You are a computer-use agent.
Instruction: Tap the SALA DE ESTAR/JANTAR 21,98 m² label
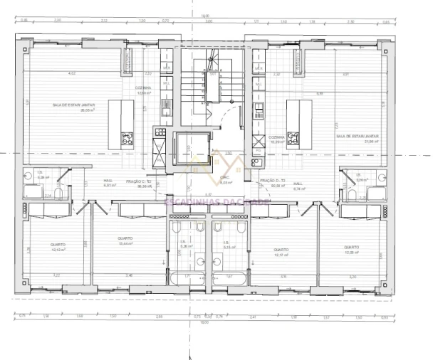[x=357, y=137]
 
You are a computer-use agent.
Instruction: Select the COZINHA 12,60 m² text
[x=144, y=90]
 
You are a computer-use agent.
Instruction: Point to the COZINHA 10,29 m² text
[x=276, y=139]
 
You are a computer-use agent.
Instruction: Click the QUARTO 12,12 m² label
[x=58, y=247]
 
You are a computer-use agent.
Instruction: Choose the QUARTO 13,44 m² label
[x=125, y=241]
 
